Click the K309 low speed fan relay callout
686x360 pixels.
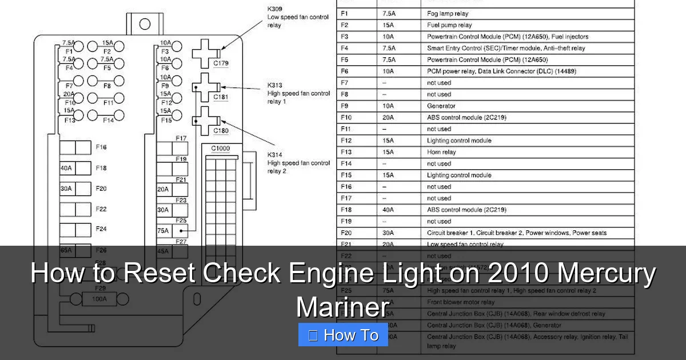point(297,17)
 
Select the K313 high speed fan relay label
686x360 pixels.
point(298,93)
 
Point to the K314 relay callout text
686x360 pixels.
point(298,163)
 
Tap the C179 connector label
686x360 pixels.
point(221,63)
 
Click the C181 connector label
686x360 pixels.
point(221,97)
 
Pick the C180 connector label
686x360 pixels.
point(221,131)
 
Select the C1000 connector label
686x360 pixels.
point(221,149)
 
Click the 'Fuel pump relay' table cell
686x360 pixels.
point(449,25)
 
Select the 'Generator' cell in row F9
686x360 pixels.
point(441,106)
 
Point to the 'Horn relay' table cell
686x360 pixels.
point(441,152)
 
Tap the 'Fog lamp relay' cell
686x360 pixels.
point(448,14)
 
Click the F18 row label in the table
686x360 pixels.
point(346,210)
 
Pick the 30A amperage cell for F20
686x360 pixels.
point(388,233)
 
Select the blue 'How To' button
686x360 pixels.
point(343,335)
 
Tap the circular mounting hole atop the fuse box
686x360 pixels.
point(145,24)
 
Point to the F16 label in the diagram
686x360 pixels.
point(101,147)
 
